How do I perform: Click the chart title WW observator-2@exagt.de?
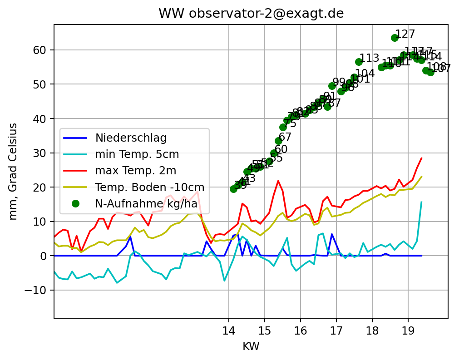click(x=251, y=14)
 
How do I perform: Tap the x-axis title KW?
click(x=251, y=346)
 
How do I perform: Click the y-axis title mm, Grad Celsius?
click(x=14, y=171)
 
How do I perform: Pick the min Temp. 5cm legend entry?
click(x=137, y=154)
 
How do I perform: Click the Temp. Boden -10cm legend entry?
click(x=149, y=187)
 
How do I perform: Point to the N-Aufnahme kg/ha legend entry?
click(x=146, y=203)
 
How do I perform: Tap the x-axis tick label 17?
click(x=336, y=330)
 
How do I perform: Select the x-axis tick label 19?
click(x=408, y=330)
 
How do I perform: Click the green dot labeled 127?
click(x=395, y=38)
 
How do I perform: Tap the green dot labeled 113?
click(x=359, y=62)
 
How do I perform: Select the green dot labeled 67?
click(x=278, y=141)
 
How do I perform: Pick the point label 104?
click(x=365, y=74)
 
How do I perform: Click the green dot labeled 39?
click(x=233, y=189)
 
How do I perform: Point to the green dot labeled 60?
click(x=274, y=153)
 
